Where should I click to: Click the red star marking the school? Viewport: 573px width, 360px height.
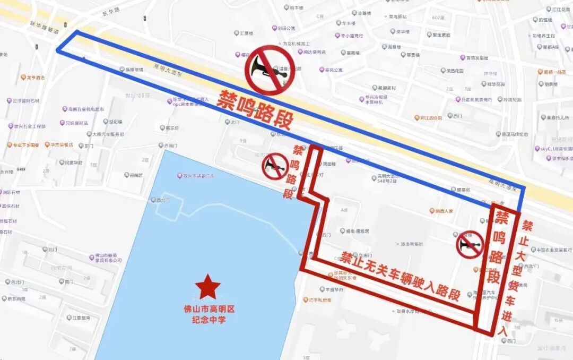207,287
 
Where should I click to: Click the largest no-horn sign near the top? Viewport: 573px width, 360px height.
270,70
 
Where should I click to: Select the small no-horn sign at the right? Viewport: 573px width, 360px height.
470,245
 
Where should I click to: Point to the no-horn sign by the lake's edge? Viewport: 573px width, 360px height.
275,166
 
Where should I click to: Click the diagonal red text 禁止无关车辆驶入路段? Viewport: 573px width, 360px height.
400,276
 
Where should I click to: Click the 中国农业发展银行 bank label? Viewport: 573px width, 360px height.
553,250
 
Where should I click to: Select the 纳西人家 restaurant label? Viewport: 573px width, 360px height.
444,211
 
